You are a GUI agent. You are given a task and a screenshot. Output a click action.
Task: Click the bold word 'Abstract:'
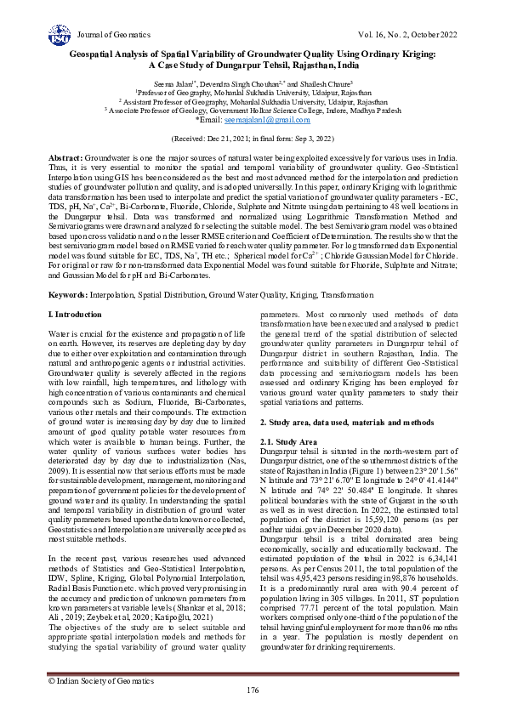[x=65, y=159]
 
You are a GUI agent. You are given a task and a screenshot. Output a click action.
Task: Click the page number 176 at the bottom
[x=253, y=690]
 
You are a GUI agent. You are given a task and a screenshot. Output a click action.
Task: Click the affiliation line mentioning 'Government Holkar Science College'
[x=253, y=110]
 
